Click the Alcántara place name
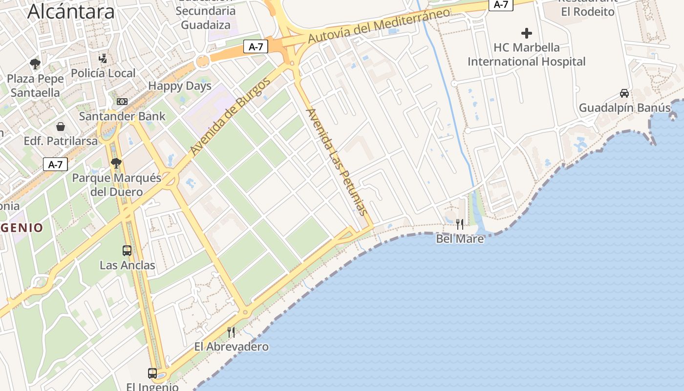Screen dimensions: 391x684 point(71,11)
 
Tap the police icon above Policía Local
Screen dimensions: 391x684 point(103,59)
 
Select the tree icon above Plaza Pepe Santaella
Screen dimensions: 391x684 point(35,64)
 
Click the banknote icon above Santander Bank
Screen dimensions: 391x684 point(122,102)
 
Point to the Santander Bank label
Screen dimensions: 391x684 point(122,116)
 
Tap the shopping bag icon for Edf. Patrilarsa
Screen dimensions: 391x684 point(61,127)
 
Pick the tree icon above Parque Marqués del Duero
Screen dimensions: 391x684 point(116,163)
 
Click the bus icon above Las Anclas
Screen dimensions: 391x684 point(127,251)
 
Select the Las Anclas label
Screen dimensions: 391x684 point(127,265)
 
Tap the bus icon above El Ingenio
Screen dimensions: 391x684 point(152,373)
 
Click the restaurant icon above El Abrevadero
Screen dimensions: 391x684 point(231,332)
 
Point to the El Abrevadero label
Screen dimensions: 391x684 point(231,347)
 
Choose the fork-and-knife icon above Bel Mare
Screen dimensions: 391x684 point(460,224)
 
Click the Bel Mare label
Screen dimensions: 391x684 point(460,239)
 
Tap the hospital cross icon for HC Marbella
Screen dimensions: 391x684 point(526,33)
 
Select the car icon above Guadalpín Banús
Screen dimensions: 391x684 point(624,93)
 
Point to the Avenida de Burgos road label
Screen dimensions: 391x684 point(230,117)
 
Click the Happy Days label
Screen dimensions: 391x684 point(180,86)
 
